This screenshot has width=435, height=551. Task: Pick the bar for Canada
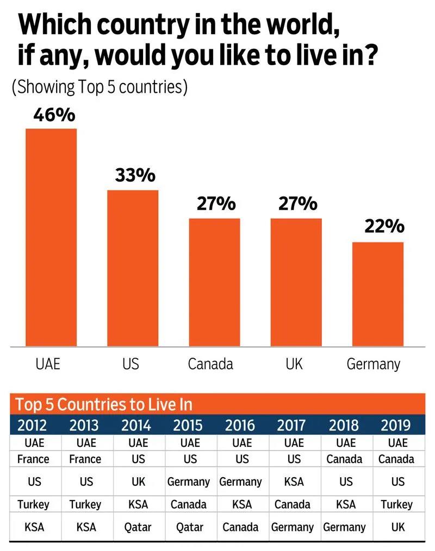(x=214, y=282)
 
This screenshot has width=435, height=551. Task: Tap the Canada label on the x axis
(x=210, y=363)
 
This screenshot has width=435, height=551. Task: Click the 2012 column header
(x=32, y=425)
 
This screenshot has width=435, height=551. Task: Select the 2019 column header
(x=396, y=425)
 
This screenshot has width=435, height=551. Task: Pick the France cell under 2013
(x=85, y=459)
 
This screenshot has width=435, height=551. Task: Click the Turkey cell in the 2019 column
(x=397, y=504)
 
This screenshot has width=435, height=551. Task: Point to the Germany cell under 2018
(x=344, y=527)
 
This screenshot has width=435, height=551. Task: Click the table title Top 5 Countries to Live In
(x=103, y=404)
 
